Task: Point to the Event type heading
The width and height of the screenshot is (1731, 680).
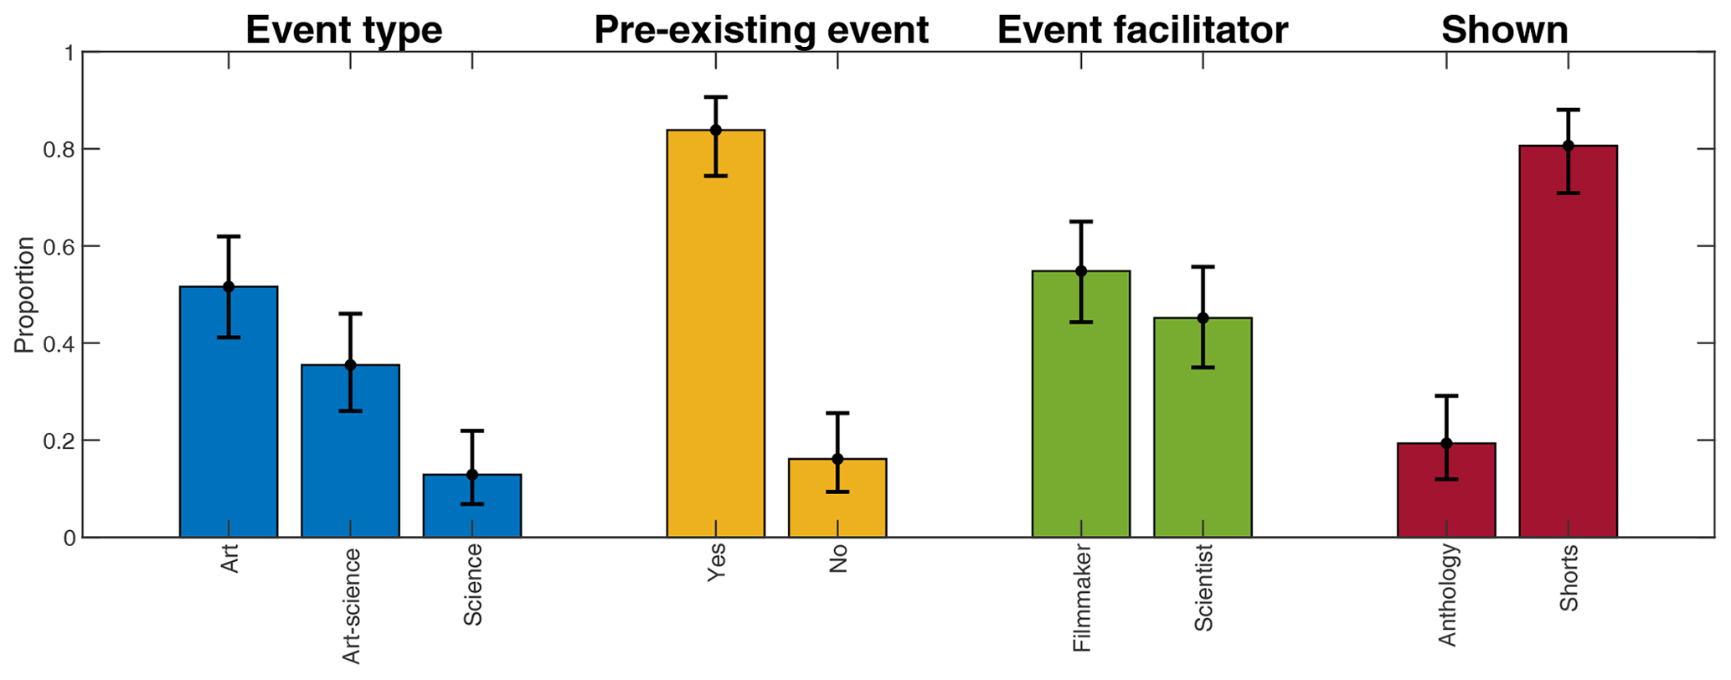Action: (343, 30)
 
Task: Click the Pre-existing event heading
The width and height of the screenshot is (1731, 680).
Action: (761, 30)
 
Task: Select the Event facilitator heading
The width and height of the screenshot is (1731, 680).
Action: (1142, 30)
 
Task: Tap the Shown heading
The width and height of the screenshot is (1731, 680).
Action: (1504, 30)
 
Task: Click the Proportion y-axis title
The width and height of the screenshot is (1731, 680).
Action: (26, 295)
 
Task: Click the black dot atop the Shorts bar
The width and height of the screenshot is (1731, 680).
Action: (1568, 146)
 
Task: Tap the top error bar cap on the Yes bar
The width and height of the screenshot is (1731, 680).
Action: (716, 97)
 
